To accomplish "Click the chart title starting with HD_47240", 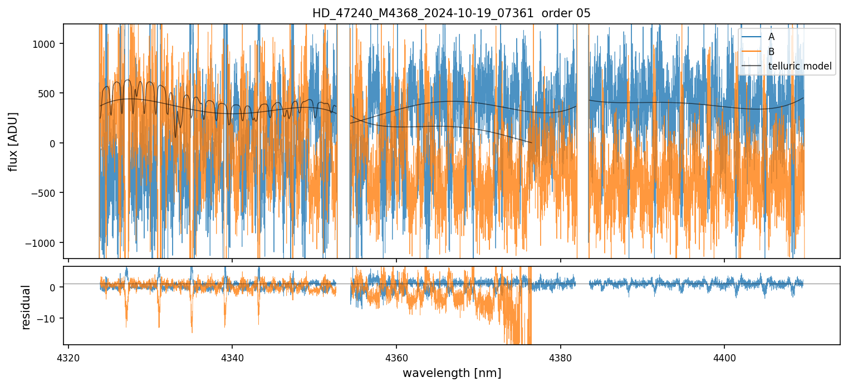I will point(451,13).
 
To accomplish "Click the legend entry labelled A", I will point(771,37).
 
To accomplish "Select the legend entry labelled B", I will point(771,52).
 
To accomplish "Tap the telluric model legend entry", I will point(800,67).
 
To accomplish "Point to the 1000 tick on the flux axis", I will point(48,44).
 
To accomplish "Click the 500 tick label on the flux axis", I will point(50,93).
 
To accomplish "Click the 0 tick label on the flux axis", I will point(55,143).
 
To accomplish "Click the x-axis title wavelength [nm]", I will point(452,373).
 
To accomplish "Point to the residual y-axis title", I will point(26,307).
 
